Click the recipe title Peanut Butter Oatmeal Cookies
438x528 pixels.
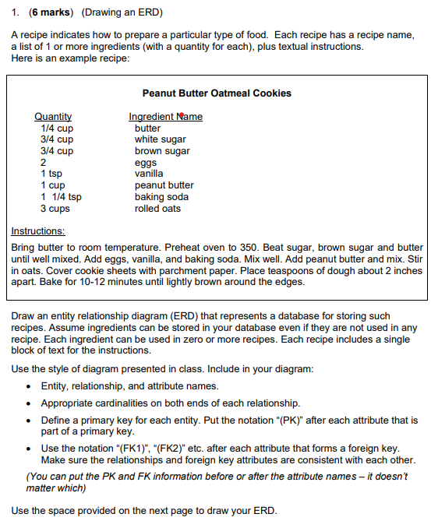(217, 93)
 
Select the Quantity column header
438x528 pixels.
(54, 117)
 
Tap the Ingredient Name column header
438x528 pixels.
(165, 117)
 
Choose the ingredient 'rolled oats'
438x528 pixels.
(157, 209)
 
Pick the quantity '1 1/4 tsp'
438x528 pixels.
(60, 197)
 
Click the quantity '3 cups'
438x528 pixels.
(55, 209)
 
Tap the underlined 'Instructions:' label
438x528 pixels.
(38, 231)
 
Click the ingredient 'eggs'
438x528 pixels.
(146, 163)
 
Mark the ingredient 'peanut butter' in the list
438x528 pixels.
(164, 185)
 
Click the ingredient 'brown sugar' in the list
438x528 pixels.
(162, 151)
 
